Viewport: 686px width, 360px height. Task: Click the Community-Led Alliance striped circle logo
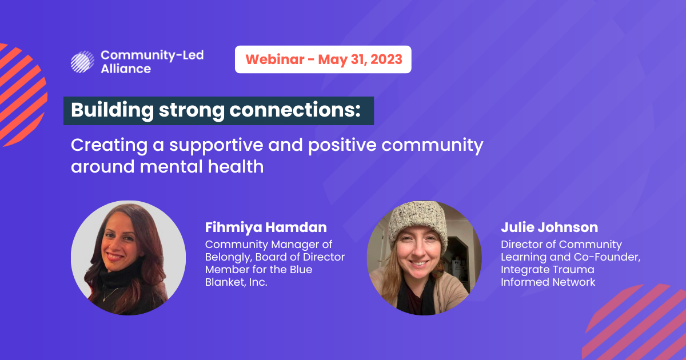pos(82,62)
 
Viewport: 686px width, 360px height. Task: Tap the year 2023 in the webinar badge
pos(386,59)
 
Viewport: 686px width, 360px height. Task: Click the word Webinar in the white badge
pos(275,59)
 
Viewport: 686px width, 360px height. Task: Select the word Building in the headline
pos(112,110)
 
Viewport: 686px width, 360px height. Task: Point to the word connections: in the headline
pos(295,110)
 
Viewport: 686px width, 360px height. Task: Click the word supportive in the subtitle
pos(216,145)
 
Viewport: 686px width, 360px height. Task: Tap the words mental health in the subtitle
pos(201,166)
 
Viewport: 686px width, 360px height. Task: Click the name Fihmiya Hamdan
pos(266,227)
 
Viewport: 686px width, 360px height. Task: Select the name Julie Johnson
pos(549,227)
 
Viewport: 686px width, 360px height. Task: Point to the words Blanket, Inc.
pos(236,282)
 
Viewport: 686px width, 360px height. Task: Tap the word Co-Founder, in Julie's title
pos(607,257)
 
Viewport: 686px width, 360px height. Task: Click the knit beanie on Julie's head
pos(418,221)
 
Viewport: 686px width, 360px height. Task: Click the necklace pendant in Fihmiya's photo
pos(104,299)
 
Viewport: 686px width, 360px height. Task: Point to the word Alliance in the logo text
pos(126,69)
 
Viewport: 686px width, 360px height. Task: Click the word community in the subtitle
pos(432,145)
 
